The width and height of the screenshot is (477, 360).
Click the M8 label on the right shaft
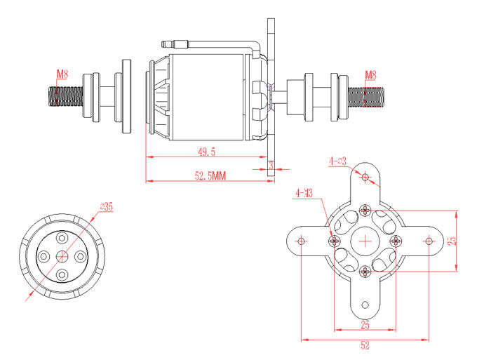371,74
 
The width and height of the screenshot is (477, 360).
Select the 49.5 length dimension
206,152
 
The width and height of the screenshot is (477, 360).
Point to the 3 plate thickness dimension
271,164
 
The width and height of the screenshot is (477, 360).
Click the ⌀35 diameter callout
107,206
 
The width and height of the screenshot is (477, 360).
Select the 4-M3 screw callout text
304,192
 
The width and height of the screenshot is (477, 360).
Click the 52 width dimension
365,345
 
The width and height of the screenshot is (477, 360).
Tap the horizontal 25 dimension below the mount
365,324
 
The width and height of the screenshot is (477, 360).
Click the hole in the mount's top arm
365,177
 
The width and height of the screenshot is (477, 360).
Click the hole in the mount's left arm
302,241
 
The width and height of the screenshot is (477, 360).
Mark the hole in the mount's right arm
429,241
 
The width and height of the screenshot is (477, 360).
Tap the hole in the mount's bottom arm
365,305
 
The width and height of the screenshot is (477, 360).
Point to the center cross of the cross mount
365,241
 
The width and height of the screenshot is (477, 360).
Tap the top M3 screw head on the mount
365,208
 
